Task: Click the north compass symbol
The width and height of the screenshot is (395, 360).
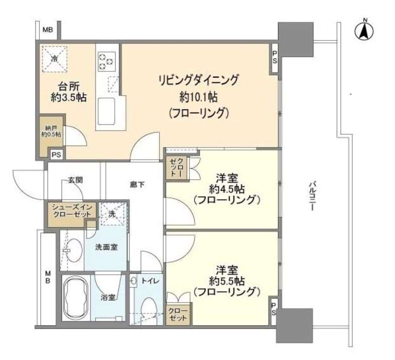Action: [x=364, y=31]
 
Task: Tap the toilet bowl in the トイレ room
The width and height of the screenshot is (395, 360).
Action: [x=149, y=308]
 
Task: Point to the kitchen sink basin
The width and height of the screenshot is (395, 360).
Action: [x=106, y=110]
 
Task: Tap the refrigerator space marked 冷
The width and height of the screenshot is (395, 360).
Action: [x=54, y=59]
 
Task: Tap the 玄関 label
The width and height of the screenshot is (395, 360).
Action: [x=75, y=180]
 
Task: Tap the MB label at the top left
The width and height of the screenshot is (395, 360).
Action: [x=48, y=30]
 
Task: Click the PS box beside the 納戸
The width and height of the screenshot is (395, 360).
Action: [x=56, y=155]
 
